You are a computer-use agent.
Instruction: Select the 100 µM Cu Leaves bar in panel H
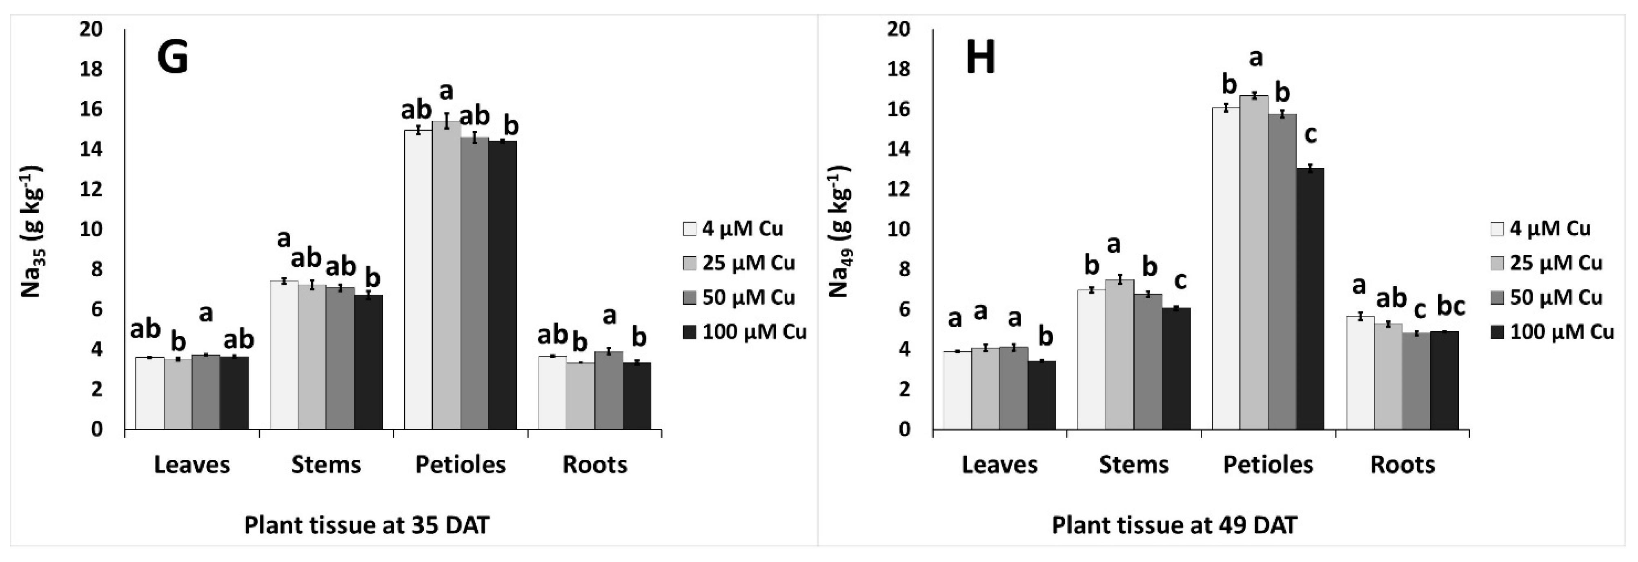click(x=1042, y=395)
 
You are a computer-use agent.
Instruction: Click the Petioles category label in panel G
click(x=461, y=465)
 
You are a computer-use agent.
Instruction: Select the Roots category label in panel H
click(x=1402, y=465)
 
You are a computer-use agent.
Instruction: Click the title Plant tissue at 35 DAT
click(x=367, y=526)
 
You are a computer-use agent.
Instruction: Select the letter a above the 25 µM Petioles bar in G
click(x=446, y=91)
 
